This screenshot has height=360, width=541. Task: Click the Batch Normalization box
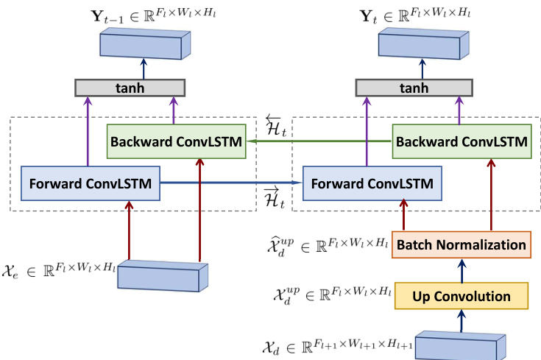click(x=462, y=244)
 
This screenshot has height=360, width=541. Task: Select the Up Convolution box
click(x=462, y=297)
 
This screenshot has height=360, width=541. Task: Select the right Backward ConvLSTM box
click(x=462, y=141)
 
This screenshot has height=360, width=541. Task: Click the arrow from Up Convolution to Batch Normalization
click(x=462, y=270)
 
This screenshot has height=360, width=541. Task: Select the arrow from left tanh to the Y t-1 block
click(x=144, y=68)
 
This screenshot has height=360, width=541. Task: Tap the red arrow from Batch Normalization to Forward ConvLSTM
click(x=403, y=215)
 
